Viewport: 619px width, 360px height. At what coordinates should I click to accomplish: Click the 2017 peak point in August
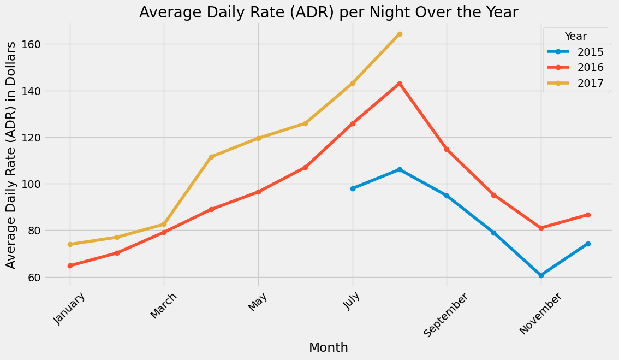coord(400,34)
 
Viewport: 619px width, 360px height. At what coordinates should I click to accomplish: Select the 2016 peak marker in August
coord(400,84)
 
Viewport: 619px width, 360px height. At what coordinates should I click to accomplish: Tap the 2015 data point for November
coord(541,275)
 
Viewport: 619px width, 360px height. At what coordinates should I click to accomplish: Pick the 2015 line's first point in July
coord(353,188)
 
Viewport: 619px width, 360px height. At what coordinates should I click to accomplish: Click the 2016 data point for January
coord(70,265)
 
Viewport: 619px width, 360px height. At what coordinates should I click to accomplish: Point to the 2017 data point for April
coord(211,157)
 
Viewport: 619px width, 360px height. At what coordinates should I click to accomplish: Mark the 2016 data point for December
coord(588,215)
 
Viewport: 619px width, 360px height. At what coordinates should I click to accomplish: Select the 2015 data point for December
coord(588,244)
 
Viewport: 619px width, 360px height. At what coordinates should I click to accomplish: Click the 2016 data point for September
coord(447,149)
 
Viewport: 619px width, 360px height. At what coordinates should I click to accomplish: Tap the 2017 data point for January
coord(70,244)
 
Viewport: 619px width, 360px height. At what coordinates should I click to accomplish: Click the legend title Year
coord(576,37)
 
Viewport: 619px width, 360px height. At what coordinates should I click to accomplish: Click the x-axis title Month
coord(329,347)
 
